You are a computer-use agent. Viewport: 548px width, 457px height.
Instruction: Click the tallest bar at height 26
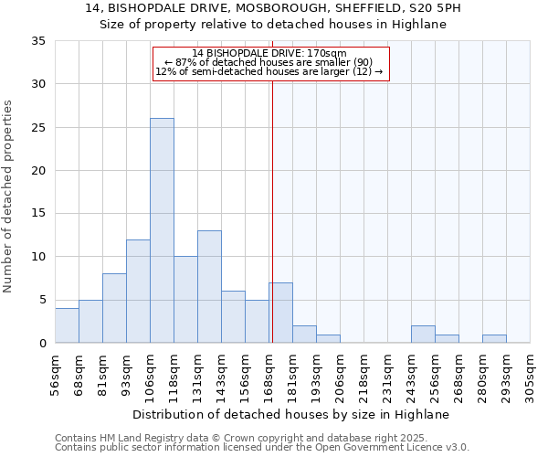[162, 230]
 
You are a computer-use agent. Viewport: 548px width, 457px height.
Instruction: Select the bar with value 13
[209, 287]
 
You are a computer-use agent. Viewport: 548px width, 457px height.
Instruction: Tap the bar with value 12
[138, 291]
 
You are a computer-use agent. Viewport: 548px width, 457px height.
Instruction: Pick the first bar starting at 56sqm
[67, 325]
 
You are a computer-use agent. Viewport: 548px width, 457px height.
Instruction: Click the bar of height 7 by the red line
[280, 313]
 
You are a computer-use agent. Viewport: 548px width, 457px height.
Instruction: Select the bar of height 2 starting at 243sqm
[423, 335]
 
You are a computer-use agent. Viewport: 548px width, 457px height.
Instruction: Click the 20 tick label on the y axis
[38, 171]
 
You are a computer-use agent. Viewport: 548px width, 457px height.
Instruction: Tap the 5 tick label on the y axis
[42, 300]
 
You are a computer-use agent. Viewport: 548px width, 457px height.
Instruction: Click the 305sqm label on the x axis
[531, 376]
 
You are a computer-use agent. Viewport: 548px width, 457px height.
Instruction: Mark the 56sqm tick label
[56, 373]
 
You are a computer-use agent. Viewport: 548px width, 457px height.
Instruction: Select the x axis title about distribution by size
[291, 414]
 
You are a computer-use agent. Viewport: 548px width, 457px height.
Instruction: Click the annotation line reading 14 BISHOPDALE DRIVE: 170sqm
[269, 53]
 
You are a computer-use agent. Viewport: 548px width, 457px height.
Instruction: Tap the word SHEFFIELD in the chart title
[357, 8]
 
